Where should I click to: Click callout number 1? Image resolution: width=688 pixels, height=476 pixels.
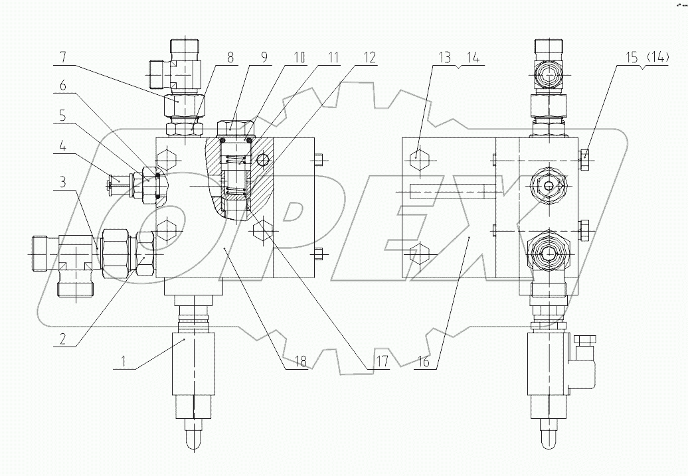coord(124,362)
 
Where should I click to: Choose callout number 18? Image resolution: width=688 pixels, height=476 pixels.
coord(301,362)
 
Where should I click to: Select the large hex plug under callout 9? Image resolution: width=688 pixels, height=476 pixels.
coord(234,126)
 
